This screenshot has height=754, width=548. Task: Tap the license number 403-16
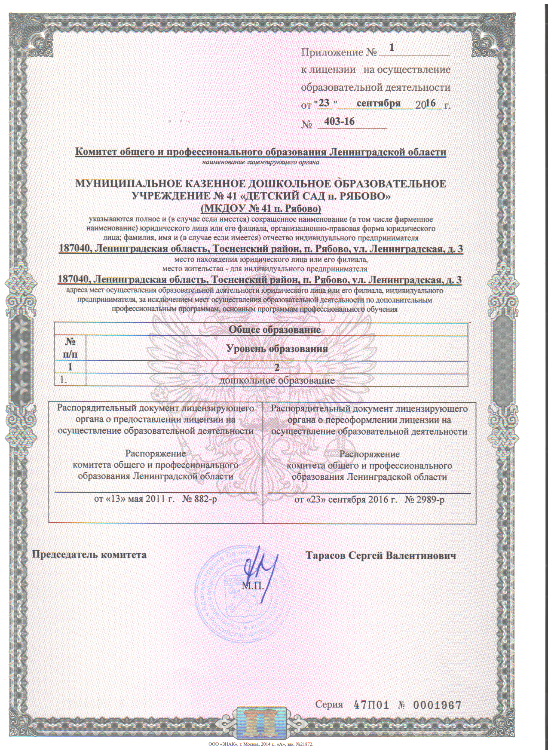[x=340, y=122]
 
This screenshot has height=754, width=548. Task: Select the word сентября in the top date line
[x=379, y=104]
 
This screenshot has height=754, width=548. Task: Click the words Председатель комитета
[x=90, y=555]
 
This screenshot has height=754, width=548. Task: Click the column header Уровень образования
[x=277, y=349]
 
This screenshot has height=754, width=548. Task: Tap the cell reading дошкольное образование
[x=277, y=380]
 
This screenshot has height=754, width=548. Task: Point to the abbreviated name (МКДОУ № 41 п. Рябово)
[x=261, y=209]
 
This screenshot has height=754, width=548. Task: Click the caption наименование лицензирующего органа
[x=261, y=162]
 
